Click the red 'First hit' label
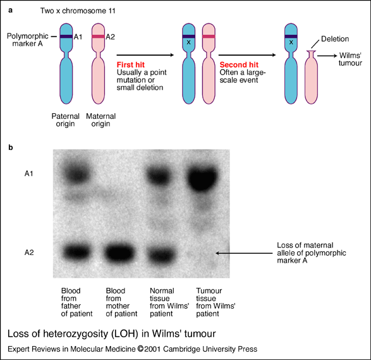pyautogui.click(x=131, y=65)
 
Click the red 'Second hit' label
pyautogui.click(x=239, y=65)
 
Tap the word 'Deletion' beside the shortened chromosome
pyautogui.click(x=335, y=39)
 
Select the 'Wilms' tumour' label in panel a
pyautogui.click(x=350, y=59)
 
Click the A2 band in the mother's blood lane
pyautogui.click(x=119, y=252)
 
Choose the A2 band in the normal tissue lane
pyautogui.click(x=161, y=253)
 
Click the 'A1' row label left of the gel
pyautogui.click(x=29, y=174)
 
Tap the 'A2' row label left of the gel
pyautogui.click(x=29, y=252)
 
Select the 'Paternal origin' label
pyautogui.click(x=66, y=120)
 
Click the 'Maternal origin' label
pyautogui.click(x=100, y=120)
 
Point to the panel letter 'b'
pyautogui.click(x=11, y=147)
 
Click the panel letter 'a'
pyautogui.click(x=10, y=11)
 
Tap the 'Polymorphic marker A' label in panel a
pyautogui.click(x=27, y=40)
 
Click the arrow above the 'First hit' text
pyautogui.click(x=145, y=55)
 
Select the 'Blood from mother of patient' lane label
pyautogui.click(x=121, y=302)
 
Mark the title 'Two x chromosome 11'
pyautogui.click(x=78, y=11)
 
